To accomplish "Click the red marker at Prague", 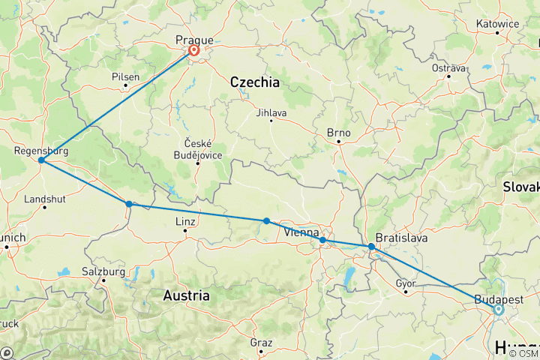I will click(x=194, y=51).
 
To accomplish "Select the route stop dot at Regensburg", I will click(x=41, y=160).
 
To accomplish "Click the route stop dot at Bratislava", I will click(x=371, y=247).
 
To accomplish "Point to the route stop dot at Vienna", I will click(x=322, y=240).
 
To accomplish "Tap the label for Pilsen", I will click(x=124, y=76).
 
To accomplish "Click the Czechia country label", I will click(x=254, y=82).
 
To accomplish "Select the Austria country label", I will click(x=186, y=296).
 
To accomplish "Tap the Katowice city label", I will click(x=496, y=23).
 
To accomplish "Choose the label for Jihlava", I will click(x=271, y=112).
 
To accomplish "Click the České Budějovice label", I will click(x=198, y=148).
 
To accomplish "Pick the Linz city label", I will click(x=185, y=222).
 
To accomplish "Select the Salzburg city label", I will click(x=103, y=271).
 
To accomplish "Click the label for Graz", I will click(x=261, y=342).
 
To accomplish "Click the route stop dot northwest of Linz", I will click(x=129, y=204).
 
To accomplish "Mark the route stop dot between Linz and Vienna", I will click(x=266, y=220).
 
